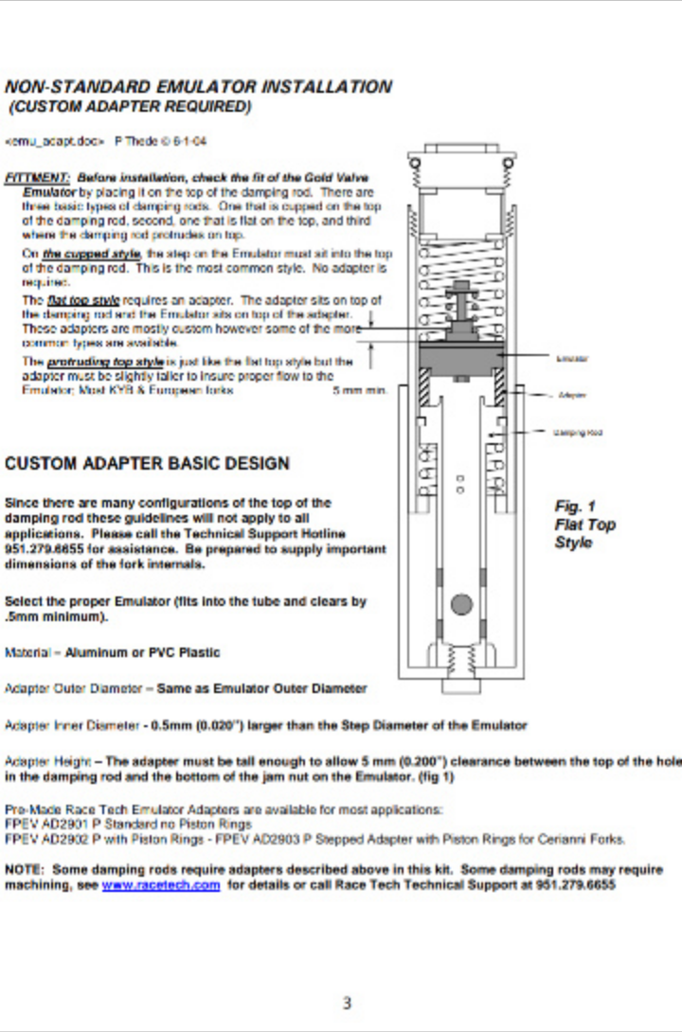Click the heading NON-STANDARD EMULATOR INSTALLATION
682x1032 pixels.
[x=198, y=87]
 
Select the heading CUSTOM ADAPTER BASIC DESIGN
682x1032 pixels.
[x=147, y=464]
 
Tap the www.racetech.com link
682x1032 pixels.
[x=160, y=885]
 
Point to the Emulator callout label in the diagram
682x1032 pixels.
[x=572, y=358]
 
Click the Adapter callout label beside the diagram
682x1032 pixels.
[x=571, y=394]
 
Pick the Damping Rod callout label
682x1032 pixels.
[x=578, y=432]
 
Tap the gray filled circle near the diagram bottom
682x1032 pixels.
[x=461, y=604]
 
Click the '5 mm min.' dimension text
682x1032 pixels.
[x=360, y=390]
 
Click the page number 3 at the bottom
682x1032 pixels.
[x=347, y=1003]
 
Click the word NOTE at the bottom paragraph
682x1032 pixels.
[x=24, y=869]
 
